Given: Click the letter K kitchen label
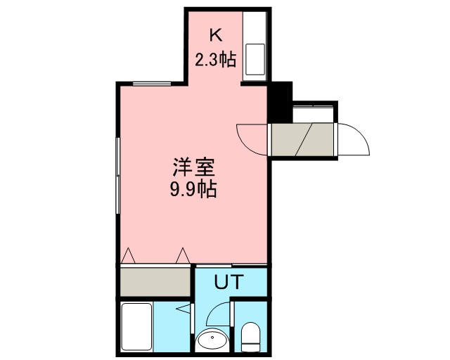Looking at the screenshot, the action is (x=217, y=36).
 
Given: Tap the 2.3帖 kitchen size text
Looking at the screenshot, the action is (x=216, y=60).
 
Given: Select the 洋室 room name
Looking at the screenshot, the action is (x=193, y=167).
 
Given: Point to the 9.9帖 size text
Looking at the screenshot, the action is (x=193, y=189).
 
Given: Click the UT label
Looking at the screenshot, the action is (x=229, y=282).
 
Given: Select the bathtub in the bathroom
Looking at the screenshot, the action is (x=136, y=327).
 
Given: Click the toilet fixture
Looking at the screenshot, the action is (x=250, y=337).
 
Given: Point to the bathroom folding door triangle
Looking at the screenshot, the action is (x=184, y=309).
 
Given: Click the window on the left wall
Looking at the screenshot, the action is (x=117, y=175).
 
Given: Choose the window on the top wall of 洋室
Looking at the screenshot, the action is (x=152, y=84).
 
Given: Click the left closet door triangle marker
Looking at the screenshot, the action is (x=128, y=255).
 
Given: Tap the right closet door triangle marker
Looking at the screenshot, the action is (x=183, y=255).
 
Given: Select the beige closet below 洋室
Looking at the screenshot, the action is (x=155, y=282).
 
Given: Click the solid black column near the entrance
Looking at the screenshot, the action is (x=280, y=102).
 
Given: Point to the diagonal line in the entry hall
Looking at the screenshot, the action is (x=304, y=139).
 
